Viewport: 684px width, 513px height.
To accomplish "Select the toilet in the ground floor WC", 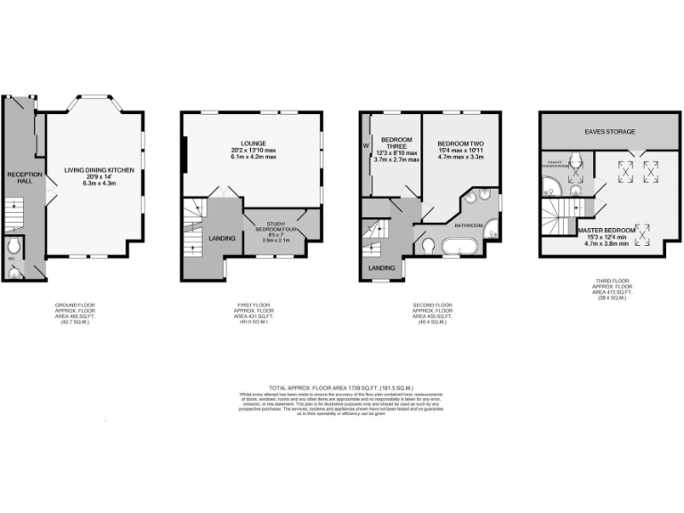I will coord(12,247).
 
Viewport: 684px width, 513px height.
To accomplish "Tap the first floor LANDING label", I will coord(221,238).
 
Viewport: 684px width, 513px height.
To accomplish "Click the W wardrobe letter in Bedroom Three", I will coord(365,146).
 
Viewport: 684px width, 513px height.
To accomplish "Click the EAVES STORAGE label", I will coord(609,133).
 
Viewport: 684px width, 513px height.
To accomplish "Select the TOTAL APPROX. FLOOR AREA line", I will coord(342,387).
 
